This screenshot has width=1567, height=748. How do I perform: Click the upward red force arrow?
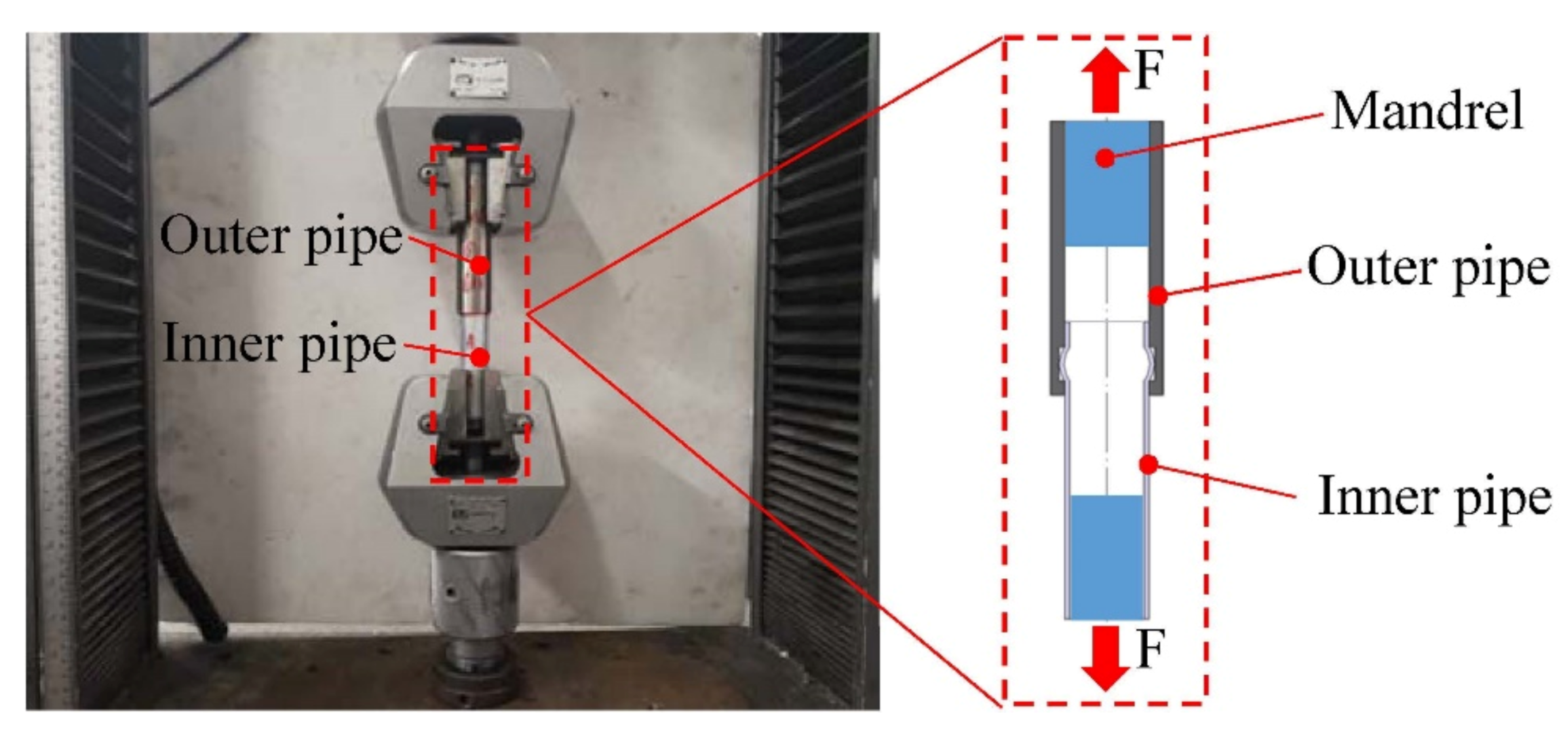point(1105,80)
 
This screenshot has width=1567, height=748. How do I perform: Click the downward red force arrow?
point(1105,658)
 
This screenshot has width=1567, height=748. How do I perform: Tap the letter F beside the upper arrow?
point(1149,70)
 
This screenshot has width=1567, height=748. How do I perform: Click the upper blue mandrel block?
point(1106,184)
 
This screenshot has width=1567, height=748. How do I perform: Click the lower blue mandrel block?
point(1107,557)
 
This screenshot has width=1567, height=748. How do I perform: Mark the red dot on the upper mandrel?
point(1106,158)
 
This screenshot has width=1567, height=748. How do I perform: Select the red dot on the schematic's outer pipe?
point(1158,295)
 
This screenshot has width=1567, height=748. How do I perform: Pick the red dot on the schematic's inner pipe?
point(1148,465)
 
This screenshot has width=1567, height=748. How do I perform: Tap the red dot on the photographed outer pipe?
point(480,265)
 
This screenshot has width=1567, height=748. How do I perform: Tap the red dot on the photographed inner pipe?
point(480,357)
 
